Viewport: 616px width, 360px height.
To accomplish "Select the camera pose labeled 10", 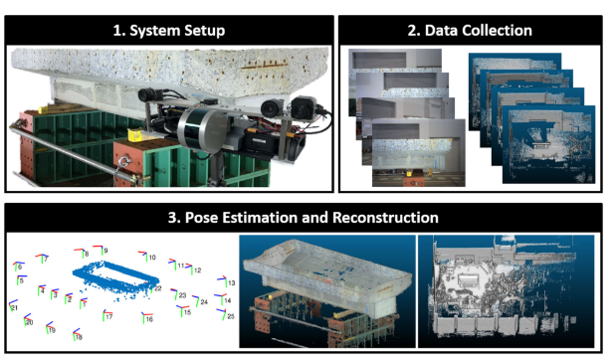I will click(x=145, y=258).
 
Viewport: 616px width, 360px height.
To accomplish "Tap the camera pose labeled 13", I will click(x=223, y=281).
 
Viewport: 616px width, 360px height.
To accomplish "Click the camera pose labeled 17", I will click(x=103, y=315).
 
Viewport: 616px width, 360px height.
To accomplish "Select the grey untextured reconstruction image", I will click(x=505, y=288).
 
